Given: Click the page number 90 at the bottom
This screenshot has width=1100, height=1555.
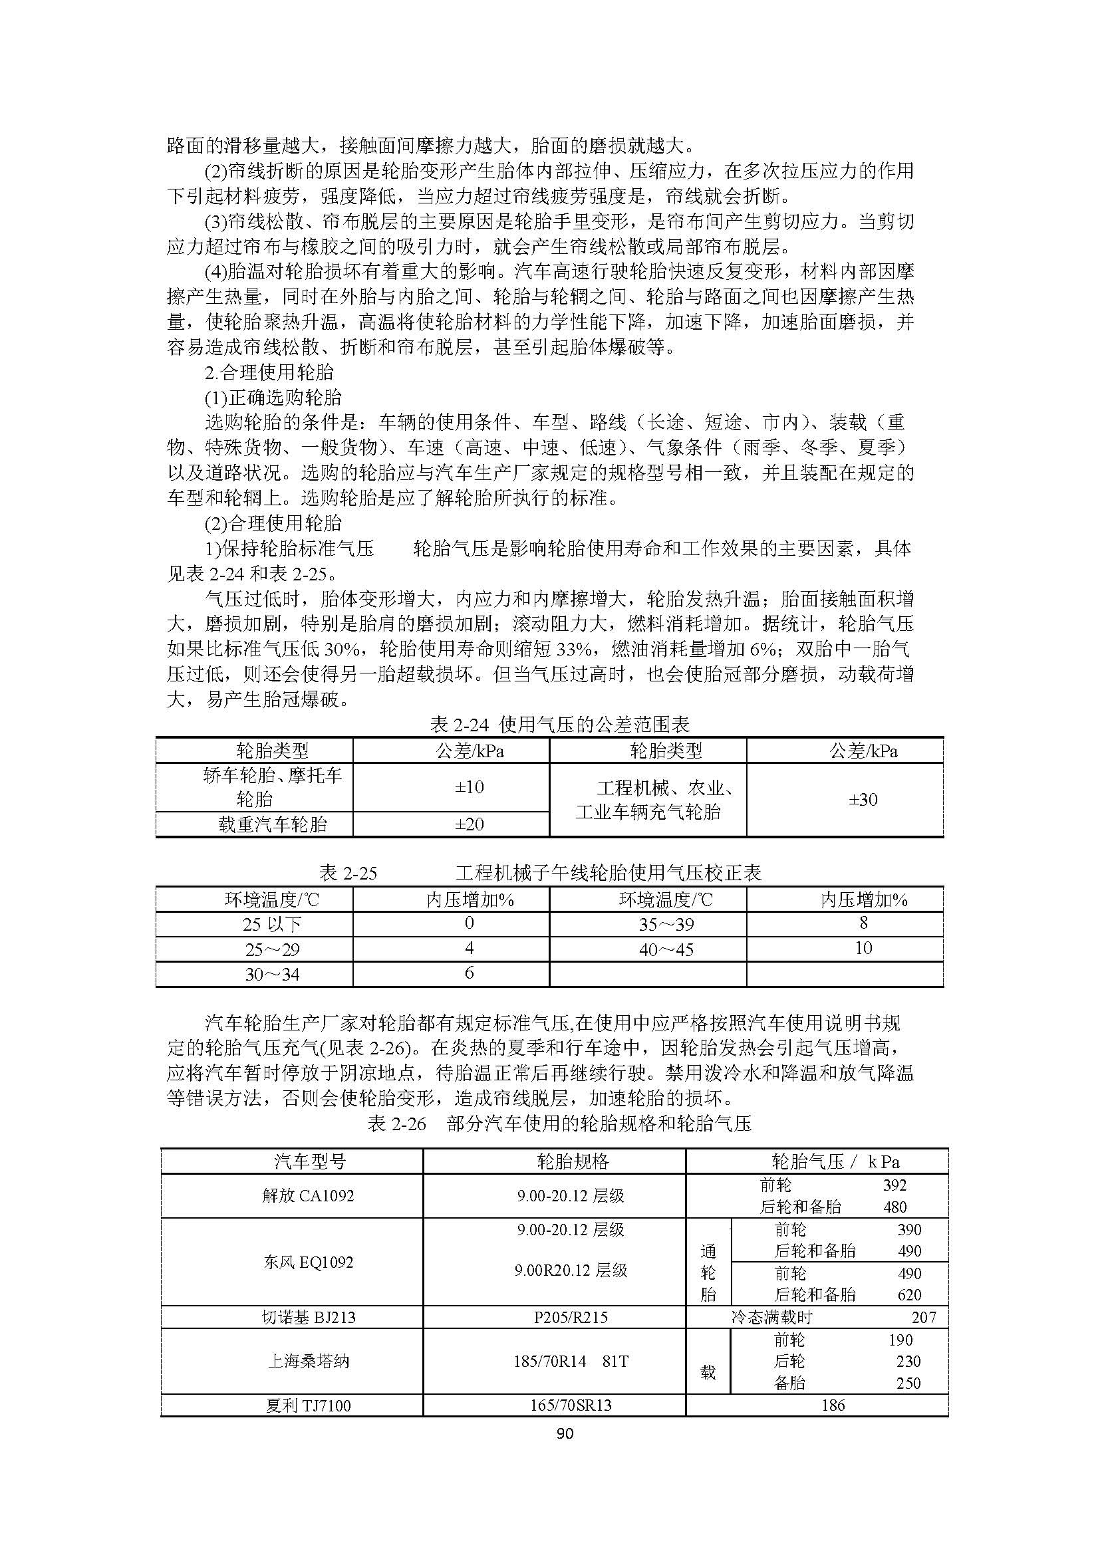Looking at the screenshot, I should point(564,1433).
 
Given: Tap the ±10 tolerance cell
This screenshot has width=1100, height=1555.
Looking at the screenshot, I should point(469,787).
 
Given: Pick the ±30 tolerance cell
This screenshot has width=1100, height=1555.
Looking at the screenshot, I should point(863,800).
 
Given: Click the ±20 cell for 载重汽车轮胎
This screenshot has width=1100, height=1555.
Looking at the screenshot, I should point(469,824).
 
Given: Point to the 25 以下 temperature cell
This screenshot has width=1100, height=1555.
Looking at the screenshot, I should point(272,925).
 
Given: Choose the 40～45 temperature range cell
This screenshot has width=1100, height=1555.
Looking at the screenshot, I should point(666,949).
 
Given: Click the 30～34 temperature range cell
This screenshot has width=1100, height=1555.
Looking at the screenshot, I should point(272,975).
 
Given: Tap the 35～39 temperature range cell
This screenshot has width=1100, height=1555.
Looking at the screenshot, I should point(666,925).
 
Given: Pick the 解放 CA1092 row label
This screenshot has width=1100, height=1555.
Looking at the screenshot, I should point(308,1195).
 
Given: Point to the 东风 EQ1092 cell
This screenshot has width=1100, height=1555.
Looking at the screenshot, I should point(308,1262).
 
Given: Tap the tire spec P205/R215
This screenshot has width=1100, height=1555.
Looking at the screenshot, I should point(571,1317).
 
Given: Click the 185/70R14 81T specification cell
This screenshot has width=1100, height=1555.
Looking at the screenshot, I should point(571,1361).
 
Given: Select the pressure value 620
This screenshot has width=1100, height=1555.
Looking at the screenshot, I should point(909,1295).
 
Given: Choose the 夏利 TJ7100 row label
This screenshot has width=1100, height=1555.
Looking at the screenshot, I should point(308,1405).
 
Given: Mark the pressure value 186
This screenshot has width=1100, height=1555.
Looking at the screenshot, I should point(833,1405).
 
